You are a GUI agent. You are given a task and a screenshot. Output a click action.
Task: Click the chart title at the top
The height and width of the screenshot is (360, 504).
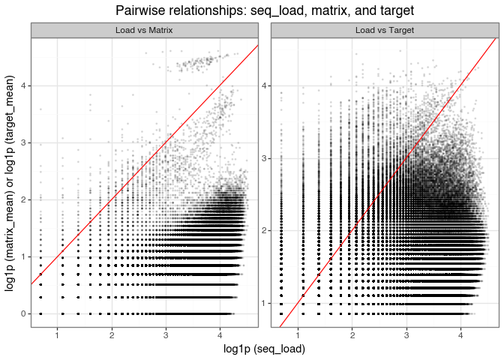(265, 10)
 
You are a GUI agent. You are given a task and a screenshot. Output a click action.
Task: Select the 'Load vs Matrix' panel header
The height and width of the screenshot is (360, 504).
(144, 30)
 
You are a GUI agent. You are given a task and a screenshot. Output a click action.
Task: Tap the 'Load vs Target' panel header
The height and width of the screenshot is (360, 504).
(385, 30)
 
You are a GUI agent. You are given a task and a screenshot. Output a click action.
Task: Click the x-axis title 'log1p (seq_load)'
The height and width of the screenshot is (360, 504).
(264, 349)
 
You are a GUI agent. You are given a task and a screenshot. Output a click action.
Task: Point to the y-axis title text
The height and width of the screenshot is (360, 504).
(10, 184)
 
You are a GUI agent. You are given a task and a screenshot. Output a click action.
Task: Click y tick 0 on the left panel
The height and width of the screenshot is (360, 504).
(23, 313)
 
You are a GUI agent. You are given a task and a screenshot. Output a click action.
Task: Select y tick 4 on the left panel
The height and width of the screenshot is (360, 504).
(23, 85)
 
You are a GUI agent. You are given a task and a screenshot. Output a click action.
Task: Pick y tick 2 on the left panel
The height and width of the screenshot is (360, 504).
(23, 199)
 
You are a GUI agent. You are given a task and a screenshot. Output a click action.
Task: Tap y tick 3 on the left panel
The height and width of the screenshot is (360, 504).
(23, 142)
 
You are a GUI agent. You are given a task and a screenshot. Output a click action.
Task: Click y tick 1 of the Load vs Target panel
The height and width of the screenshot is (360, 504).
(263, 303)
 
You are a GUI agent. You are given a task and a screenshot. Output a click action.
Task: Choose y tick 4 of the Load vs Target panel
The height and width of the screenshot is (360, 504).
(263, 85)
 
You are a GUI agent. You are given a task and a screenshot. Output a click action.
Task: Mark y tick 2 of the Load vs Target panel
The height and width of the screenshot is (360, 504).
(263, 231)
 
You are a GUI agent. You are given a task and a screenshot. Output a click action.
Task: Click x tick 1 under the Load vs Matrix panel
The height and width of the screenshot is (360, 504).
(58, 335)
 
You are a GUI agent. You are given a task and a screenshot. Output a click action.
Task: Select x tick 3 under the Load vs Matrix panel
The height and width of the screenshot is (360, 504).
(166, 335)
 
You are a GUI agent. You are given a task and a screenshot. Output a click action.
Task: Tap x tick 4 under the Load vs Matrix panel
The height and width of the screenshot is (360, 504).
(220, 335)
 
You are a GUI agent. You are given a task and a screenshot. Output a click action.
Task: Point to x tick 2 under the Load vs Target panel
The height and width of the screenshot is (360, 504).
(352, 335)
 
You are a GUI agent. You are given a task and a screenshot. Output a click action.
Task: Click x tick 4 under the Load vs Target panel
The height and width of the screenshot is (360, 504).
(461, 335)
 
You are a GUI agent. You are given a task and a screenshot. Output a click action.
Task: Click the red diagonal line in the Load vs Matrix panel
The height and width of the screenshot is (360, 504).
(145, 164)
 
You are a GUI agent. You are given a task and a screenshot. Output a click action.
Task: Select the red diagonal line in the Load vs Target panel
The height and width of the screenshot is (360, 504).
(388, 182)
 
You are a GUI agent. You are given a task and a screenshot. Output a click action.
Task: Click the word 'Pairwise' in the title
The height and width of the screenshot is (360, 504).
(136, 10)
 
